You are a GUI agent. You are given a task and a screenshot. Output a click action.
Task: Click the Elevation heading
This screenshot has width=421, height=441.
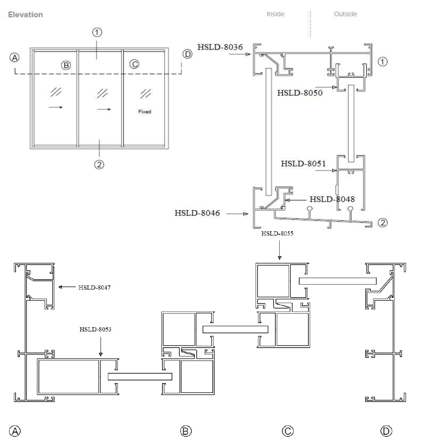pyautogui.click(x=25, y=15)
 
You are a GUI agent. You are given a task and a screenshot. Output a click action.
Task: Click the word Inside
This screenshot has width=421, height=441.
pyautogui.click(x=275, y=14)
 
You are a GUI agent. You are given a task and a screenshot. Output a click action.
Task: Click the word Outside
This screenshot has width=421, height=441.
pyautogui.click(x=345, y=14)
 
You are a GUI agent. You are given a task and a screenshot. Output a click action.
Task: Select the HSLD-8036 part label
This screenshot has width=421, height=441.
pyautogui.click(x=220, y=47)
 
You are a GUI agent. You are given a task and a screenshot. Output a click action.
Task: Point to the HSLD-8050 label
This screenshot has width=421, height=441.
pyautogui.click(x=300, y=93)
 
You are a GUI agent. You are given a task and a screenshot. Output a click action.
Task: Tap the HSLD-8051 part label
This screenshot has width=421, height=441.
pyautogui.click(x=303, y=163)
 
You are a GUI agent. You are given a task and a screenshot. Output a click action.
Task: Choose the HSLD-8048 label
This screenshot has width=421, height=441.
pyautogui.click(x=332, y=199)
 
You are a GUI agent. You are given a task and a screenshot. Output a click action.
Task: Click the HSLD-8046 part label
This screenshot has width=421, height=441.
pyautogui.click(x=197, y=213)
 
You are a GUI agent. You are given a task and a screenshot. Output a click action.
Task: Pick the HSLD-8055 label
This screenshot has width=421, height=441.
pyautogui.click(x=277, y=233)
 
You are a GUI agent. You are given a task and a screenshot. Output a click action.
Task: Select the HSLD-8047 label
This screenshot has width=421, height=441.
pyautogui.click(x=94, y=288)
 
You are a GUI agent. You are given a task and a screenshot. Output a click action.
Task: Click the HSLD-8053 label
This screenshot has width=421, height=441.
pyautogui.click(x=95, y=329)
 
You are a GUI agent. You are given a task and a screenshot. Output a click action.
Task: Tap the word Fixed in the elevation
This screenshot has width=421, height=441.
pyautogui.click(x=145, y=112)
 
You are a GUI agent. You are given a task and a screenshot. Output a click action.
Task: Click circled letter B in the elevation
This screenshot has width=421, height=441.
pyautogui.click(x=66, y=66)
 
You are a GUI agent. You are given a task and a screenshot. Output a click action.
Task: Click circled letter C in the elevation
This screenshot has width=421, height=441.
pyautogui.click(x=135, y=64)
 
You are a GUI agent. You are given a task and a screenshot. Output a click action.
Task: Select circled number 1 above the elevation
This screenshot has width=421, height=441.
pyautogui.click(x=97, y=32)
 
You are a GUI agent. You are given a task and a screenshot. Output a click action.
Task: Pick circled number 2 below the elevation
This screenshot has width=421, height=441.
pyautogui.click(x=99, y=164)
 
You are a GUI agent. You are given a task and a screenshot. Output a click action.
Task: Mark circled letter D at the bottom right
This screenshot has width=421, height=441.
pyautogui.click(x=386, y=431)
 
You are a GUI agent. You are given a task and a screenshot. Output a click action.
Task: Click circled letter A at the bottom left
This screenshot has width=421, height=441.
pyautogui.click(x=15, y=431)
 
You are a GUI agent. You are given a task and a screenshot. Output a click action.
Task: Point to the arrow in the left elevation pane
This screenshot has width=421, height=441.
pyautogui.click(x=56, y=107)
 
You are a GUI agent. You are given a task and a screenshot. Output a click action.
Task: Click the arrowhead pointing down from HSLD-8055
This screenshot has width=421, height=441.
pyautogui.click(x=279, y=257)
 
